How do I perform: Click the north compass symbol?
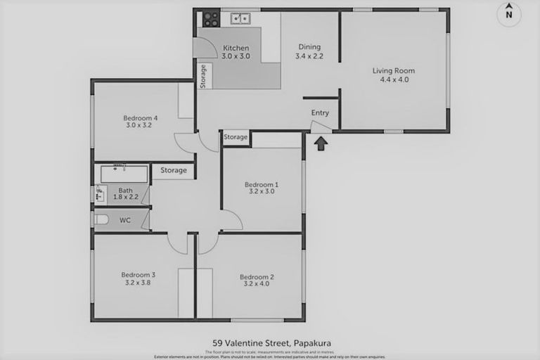509,14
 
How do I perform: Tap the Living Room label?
393,75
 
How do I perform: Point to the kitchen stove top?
211,20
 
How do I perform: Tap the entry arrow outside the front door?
321,143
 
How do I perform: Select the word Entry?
320,113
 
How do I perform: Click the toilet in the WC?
101,220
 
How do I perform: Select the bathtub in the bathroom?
123,174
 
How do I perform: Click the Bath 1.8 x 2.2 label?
125,194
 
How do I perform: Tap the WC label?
125,221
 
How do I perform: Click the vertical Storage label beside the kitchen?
203,75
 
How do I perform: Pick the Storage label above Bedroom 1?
236,137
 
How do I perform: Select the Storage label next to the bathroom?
173,170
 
